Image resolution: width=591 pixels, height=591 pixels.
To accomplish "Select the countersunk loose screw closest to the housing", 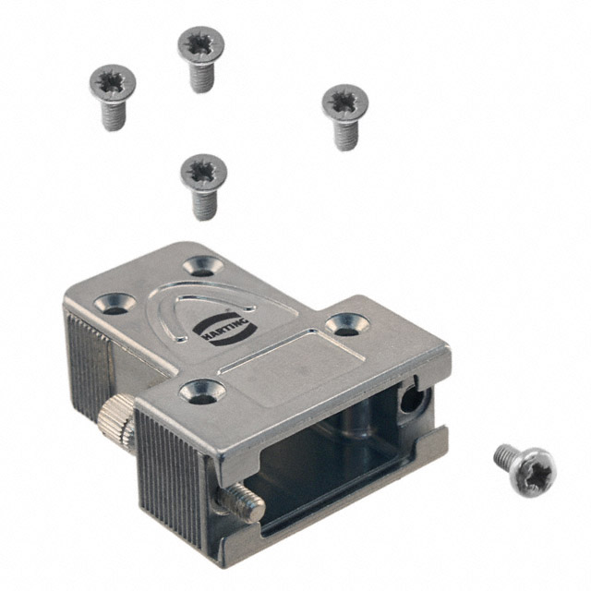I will click(x=203, y=173).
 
